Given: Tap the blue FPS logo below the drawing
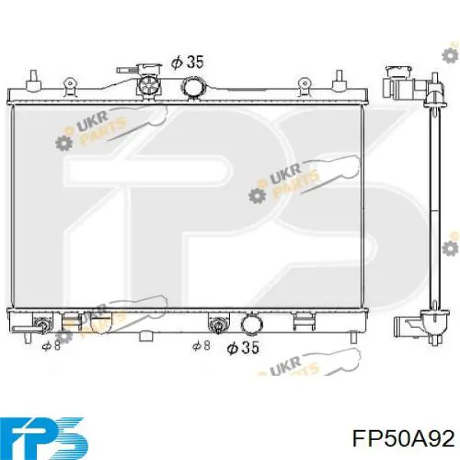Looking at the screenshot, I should (45, 437).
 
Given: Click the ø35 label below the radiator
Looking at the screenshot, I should (243, 347).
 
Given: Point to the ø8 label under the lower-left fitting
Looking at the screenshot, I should (51, 346).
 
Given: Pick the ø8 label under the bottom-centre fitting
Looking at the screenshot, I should (201, 346).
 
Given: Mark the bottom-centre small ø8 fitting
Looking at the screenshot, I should (219, 325).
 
